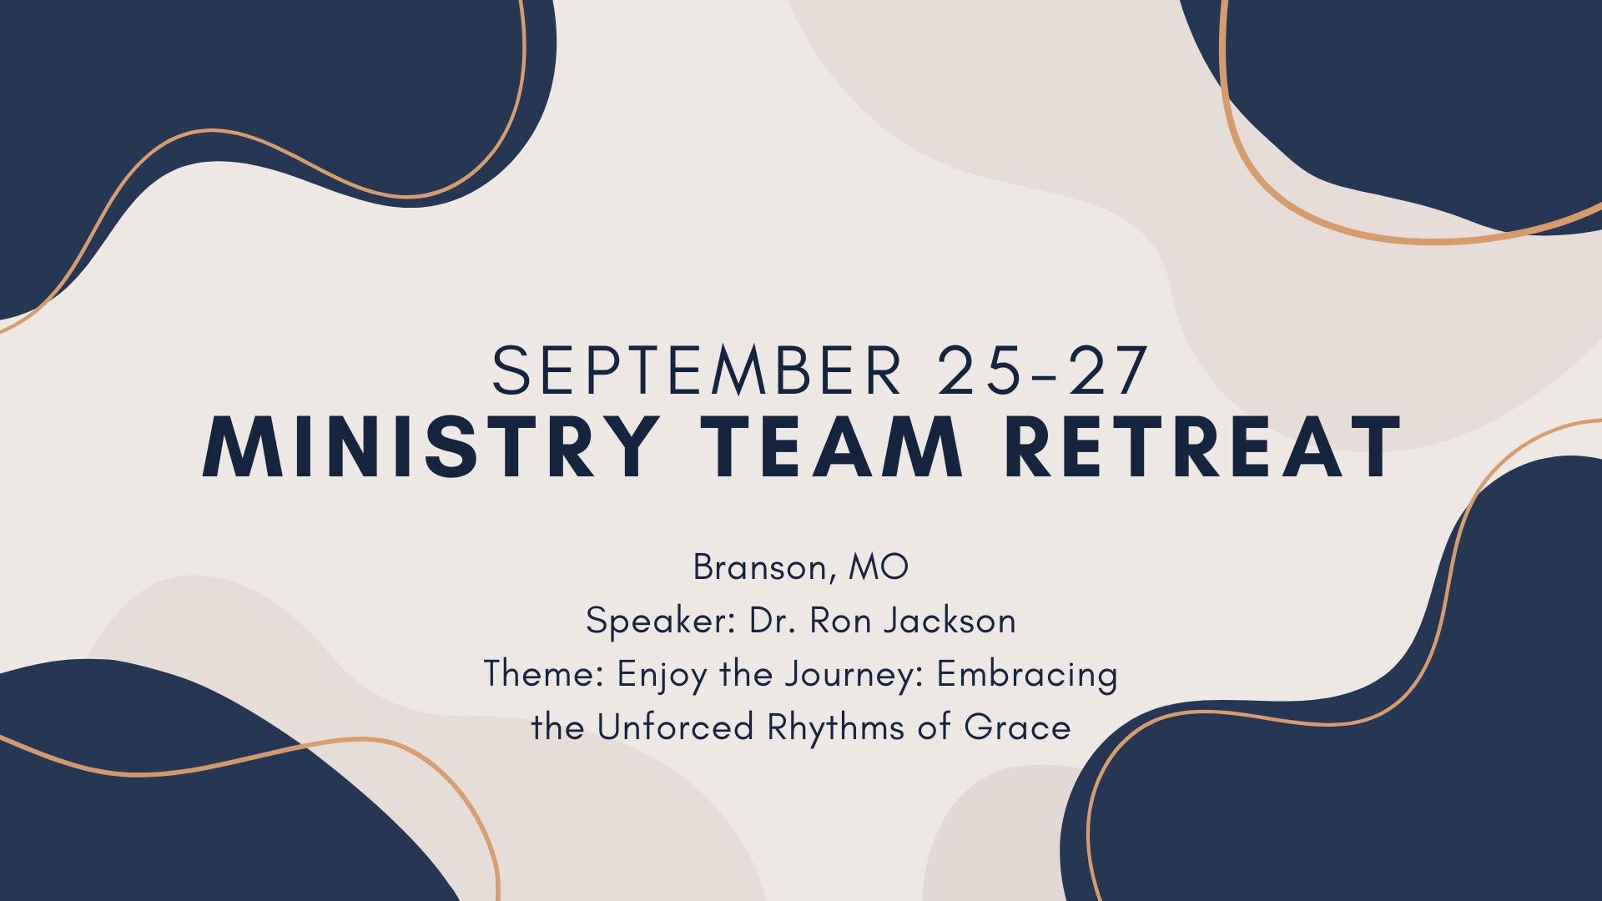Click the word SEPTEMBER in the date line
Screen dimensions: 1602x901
(x=697, y=370)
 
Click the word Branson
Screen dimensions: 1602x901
(x=758, y=568)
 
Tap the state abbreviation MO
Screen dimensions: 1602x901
(x=878, y=568)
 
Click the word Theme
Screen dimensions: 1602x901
(x=543, y=674)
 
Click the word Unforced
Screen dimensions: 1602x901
(x=675, y=727)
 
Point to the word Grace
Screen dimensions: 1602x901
(x=1017, y=727)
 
